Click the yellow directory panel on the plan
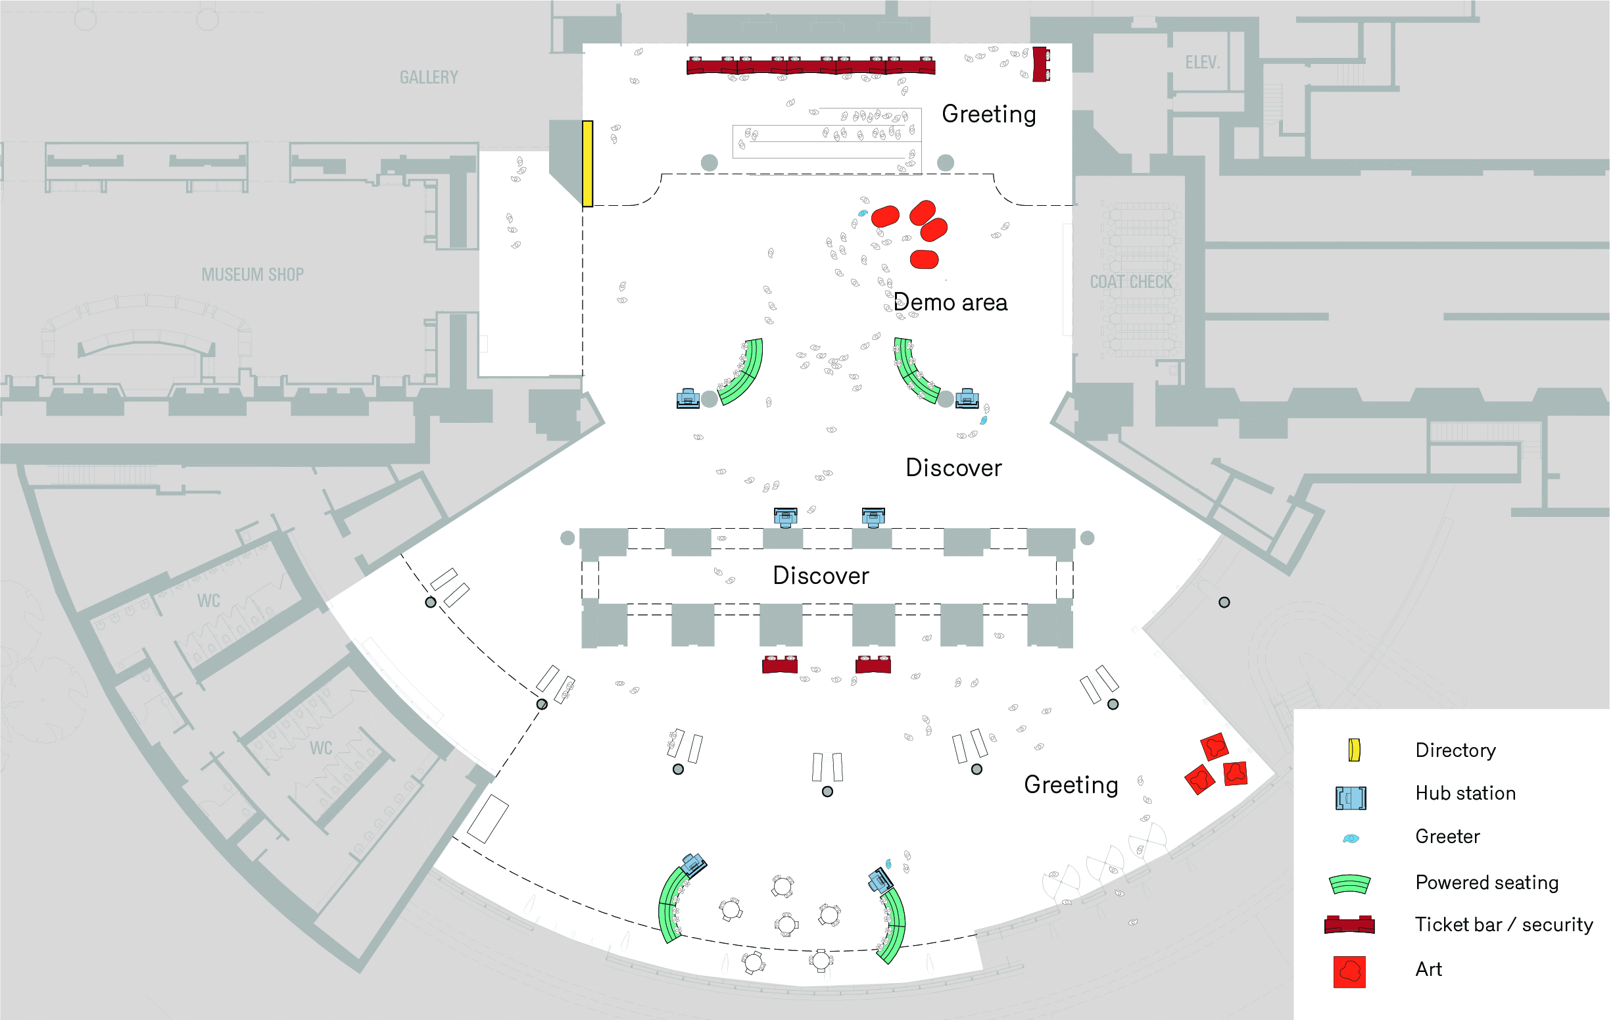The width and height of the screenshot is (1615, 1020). click(587, 164)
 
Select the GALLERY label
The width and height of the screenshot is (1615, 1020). click(429, 77)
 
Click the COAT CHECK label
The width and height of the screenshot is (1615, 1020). click(1131, 281)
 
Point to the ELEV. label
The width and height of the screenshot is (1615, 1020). click(1201, 62)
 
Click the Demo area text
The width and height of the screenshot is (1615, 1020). click(950, 303)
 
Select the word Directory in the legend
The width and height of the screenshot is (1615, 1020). click(1455, 750)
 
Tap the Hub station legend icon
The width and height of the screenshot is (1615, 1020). click(1350, 798)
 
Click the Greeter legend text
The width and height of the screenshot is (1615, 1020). click(1447, 837)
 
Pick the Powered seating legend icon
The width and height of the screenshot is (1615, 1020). click(1349, 884)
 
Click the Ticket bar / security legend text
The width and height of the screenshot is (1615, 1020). click(1503, 925)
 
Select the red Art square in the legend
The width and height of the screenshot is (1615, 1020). click(1349, 972)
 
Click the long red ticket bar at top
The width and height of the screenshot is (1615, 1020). click(810, 66)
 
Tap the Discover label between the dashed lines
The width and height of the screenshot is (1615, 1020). click(820, 575)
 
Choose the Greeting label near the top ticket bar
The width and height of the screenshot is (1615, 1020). click(988, 114)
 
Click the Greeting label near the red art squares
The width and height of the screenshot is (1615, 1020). click(1071, 785)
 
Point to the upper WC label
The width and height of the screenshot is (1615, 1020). click(208, 600)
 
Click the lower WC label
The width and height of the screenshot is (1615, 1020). click(321, 748)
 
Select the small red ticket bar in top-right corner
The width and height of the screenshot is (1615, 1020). click(1040, 64)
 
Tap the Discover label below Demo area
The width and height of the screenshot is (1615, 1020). click(953, 468)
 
